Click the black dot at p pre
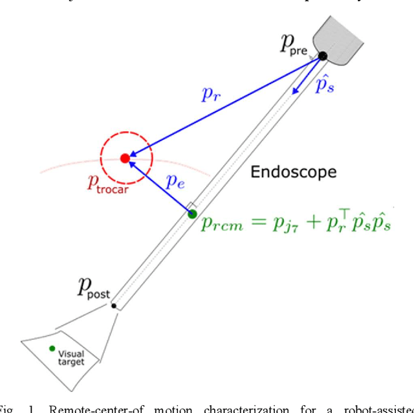coord(322,57)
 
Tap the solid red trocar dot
coord(125,157)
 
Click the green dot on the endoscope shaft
coord(192,214)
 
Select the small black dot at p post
coord(114,306)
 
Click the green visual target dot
coord(52,349)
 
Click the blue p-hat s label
coord(324,86)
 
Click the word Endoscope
coord(294,172)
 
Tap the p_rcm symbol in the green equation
coord(217,224)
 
